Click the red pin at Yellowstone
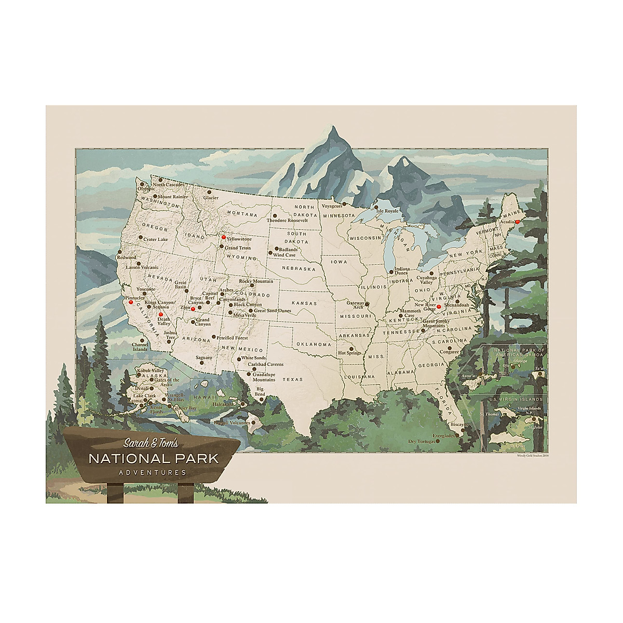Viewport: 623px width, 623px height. pos(224,237)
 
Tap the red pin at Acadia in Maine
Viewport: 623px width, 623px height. pos(517,222)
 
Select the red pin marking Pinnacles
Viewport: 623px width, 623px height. pos(131,302)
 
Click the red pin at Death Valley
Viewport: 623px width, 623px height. pos(161,315)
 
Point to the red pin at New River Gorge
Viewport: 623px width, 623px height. pos(439,307)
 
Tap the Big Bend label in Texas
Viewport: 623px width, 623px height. pos(260,391)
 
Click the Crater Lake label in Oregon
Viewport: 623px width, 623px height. pos(156,239)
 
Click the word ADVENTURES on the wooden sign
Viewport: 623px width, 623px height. pos(152,472)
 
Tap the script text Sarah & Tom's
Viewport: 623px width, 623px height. pos(151,443)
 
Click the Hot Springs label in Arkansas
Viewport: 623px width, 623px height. pos(349,353)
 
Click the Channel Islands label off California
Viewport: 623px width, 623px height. pos(140,347)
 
